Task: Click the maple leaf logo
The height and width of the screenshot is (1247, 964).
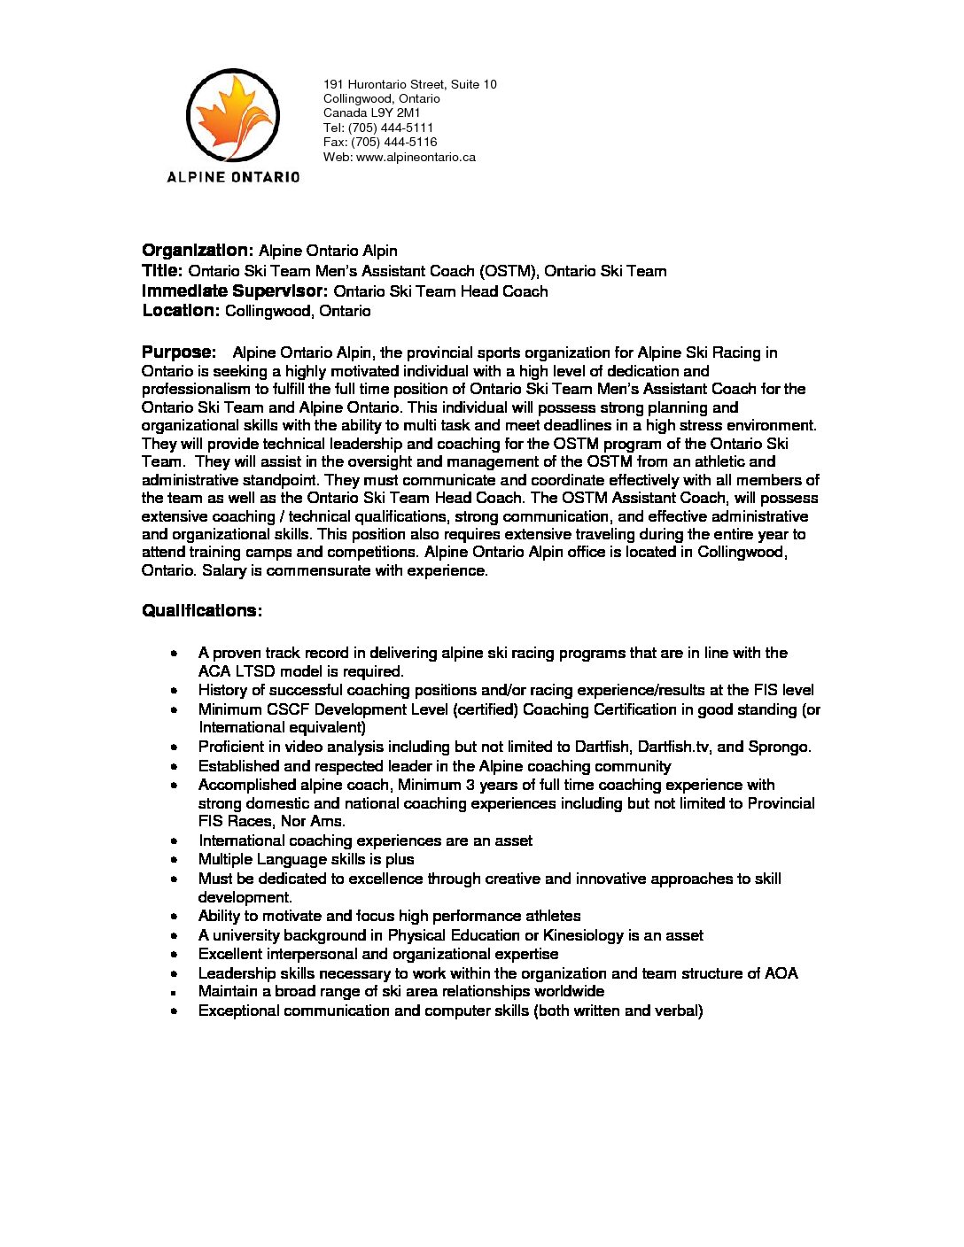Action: pos(233,115)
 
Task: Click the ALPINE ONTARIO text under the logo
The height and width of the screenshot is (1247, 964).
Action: pos(233,177)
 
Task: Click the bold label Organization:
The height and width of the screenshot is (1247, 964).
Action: pos(198,251)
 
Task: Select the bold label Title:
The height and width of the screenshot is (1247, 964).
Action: pos(162,271)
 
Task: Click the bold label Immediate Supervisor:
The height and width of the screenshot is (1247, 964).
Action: pos(235,291)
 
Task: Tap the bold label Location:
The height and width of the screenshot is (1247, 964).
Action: pos(181,311)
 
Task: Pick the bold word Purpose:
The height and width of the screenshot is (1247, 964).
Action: pos(179,352)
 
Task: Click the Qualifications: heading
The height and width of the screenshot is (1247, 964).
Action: pos(201,611)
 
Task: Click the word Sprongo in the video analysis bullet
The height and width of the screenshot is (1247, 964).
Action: pos(779,747)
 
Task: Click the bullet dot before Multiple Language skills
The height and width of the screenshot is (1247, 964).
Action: pos(175,860)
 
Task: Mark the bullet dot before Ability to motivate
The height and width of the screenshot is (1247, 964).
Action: pos(175,917)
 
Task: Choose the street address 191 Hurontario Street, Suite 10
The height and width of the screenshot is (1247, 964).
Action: pos(409,84)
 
